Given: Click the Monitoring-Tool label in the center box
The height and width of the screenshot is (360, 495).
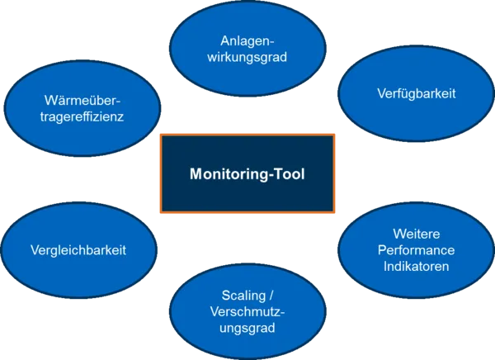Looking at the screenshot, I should pos(247,174).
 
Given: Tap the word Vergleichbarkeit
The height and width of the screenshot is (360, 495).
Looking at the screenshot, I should pos(78,249).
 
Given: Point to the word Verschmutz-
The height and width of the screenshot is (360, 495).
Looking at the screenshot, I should pos(247,311).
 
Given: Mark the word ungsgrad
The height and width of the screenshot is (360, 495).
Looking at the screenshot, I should pos(247,328).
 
